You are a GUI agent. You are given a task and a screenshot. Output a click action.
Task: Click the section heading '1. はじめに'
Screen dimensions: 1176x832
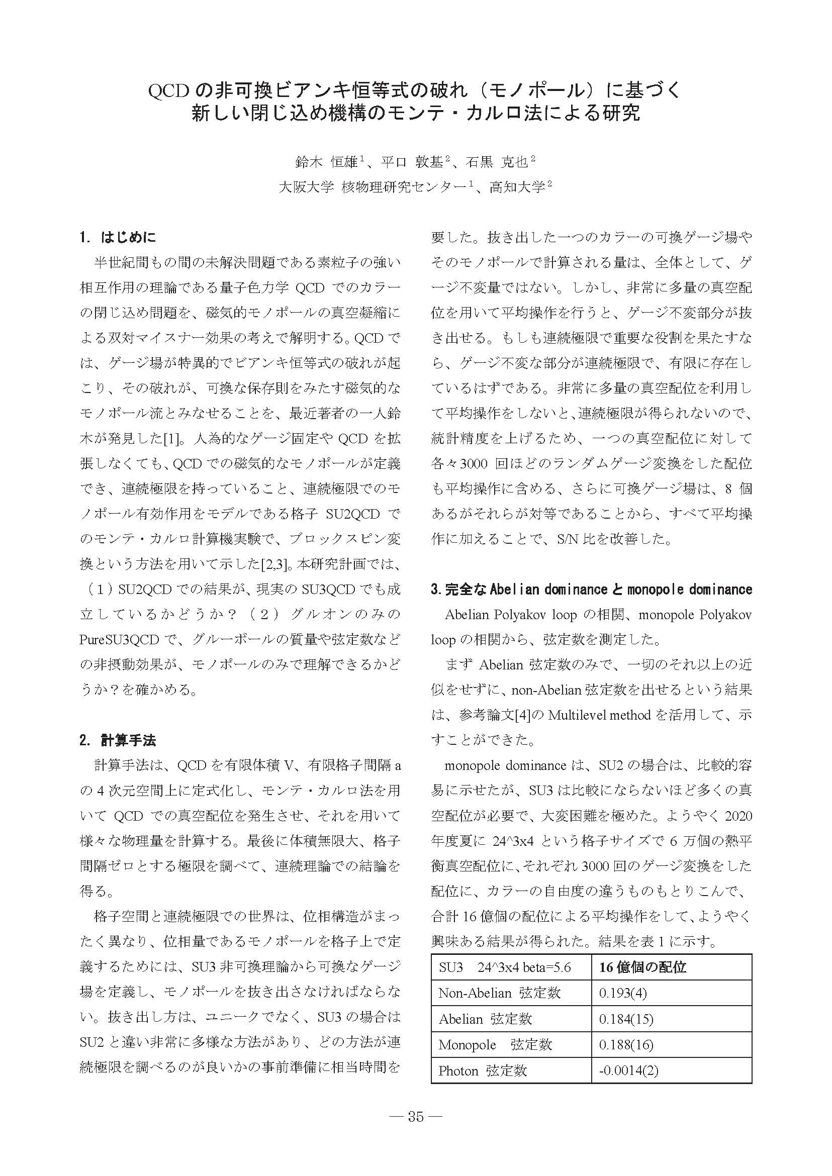(118, 238)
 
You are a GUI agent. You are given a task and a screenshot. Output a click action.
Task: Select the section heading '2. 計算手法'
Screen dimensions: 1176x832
(118, 740)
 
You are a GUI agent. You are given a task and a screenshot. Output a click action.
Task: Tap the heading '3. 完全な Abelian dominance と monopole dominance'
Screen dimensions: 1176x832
(591, 590)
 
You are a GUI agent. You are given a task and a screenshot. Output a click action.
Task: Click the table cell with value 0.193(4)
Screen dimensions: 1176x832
(622, 993)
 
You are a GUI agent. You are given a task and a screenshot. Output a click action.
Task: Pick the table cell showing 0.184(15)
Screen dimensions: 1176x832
(625, 1019)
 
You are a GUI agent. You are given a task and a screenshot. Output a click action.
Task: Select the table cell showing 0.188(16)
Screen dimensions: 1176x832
(625, 1044)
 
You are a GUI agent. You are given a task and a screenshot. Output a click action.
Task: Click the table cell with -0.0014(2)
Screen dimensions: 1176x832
(628, 1070)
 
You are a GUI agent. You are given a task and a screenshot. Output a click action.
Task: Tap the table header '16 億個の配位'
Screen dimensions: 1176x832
(642, 967)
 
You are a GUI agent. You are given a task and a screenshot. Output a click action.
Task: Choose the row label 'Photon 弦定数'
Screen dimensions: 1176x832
(483, 1070)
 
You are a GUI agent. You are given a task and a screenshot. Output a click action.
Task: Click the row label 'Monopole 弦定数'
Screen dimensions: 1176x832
(495, 1044)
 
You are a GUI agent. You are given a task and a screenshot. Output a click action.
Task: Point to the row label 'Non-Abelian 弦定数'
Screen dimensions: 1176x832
(500, 993)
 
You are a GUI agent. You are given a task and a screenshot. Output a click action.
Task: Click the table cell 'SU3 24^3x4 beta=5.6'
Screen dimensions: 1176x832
(505, 967)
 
